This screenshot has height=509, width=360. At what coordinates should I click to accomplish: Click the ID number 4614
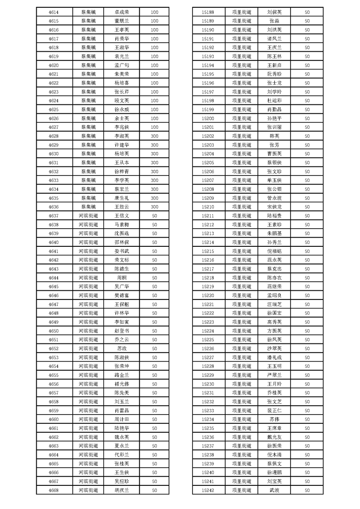[53, 12]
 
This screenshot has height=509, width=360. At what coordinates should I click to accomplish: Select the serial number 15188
[207, 12]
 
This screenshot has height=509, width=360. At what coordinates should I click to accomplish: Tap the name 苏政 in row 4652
[122, 348]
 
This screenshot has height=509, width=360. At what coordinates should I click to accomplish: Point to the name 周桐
[122, 278]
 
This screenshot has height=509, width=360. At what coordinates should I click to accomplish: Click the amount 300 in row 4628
[154, 136]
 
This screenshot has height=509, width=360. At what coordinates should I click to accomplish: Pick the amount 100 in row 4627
[154, 127]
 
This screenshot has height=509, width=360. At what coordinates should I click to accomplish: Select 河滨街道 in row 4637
[88, 215]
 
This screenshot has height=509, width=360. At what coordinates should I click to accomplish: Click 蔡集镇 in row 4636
[88, 207]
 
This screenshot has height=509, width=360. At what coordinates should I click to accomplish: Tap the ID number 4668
[53, 490]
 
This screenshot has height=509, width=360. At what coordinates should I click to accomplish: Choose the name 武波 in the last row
[275, 490]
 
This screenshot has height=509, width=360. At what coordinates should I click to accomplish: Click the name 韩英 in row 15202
[275, 136]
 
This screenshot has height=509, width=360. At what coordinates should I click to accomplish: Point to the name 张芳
[275, 145]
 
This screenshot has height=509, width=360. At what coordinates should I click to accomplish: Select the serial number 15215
[207, 251]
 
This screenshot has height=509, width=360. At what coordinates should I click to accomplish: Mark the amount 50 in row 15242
[307, 490]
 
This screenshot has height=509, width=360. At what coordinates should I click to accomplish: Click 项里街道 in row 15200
[242, 118]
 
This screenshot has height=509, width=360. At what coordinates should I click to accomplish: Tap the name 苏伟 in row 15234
[275, 419]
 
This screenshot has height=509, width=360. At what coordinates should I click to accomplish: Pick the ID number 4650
[53, 331]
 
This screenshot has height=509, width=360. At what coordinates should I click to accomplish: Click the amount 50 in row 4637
[154, 215]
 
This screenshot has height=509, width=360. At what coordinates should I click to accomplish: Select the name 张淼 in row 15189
[275, 21]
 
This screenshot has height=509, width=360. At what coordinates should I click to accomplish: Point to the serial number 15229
[207, 375]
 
